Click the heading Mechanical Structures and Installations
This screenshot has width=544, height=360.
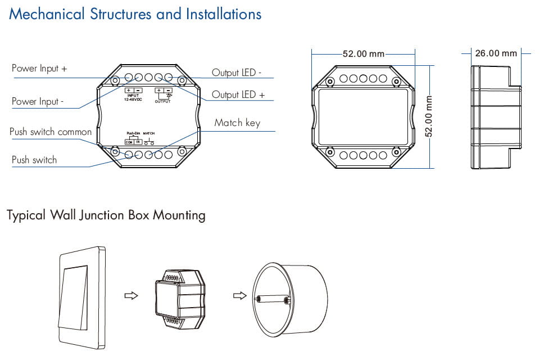[x=135, y=14]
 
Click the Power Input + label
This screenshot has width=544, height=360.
[x=39, y=68]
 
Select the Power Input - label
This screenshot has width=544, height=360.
[x=38, y=101]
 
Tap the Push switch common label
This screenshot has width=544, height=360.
[x=51, y=132]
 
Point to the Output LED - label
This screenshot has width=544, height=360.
[x=236, y=73]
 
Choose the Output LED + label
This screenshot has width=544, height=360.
[x=238, y=94]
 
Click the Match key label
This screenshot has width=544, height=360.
[x=237, y=123]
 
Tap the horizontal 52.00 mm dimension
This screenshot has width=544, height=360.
[x=363, y=54]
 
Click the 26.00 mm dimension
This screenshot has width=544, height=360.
[x=496, y=53]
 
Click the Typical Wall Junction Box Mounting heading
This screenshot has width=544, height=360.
[x=106, y=215]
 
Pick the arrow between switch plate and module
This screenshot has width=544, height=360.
[x=131, y=296]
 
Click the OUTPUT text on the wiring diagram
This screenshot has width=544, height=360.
[x=162, y=101]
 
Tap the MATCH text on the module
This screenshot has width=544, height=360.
[x=149, y=133]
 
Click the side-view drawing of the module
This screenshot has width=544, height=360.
[x=491, y=115]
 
